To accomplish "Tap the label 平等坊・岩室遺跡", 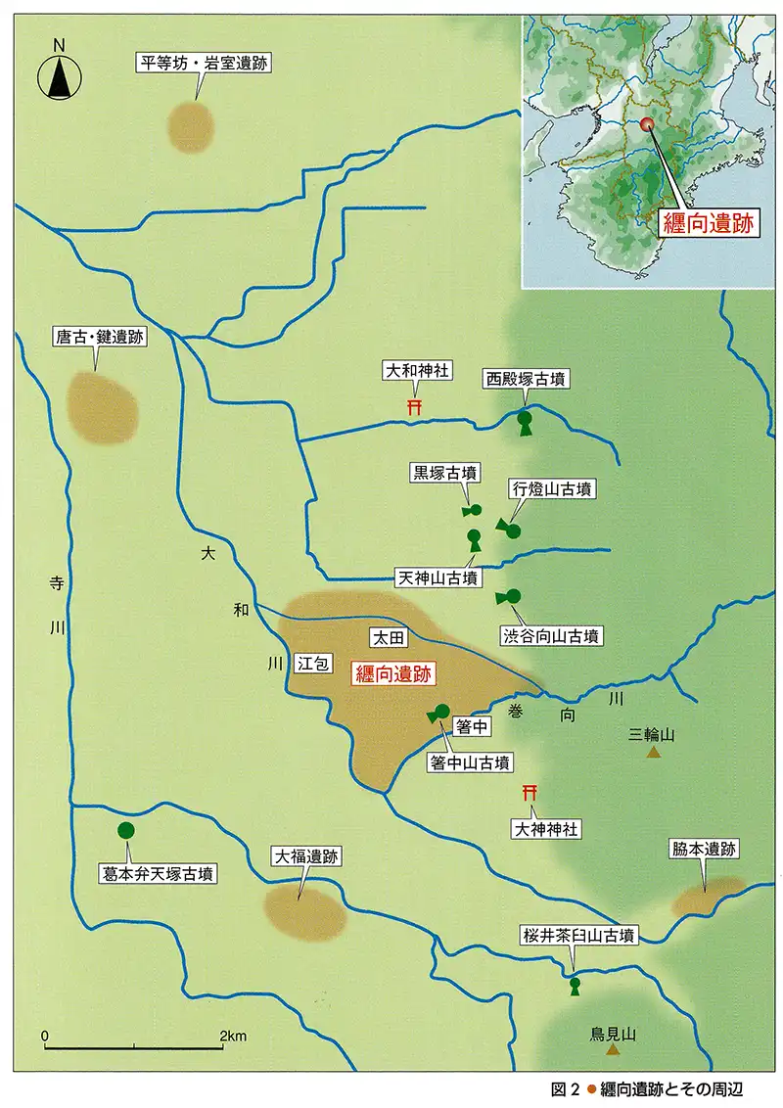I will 204,65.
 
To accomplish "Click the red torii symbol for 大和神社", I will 414,406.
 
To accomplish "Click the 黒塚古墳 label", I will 444,473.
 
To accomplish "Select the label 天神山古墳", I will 438,577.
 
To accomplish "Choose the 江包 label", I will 311,663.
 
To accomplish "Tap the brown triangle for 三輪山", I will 653,753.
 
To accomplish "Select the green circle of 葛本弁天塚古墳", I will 125,831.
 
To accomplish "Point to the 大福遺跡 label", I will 306,856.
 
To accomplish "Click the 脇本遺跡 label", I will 703,850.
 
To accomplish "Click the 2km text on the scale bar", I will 232,1036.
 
